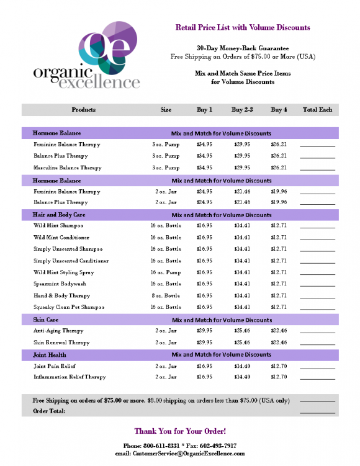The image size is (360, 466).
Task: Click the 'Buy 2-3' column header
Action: (x=242, y=110)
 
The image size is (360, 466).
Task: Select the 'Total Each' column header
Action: (x=317, y=110)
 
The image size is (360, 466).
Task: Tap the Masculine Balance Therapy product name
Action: (x=67, y=168)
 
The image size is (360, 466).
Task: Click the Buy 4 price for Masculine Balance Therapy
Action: (x=279, y=168)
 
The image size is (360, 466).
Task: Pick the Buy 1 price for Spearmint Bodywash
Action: (x=204, y=284)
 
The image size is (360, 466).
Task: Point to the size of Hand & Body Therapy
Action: (x=166, y=295)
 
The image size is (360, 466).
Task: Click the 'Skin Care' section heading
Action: (x=45, y=320)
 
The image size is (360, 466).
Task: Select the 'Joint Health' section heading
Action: (x=49, y=355)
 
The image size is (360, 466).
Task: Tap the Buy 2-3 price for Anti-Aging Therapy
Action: (x=242, y=331)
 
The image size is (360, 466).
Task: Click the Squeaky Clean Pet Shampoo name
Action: (x=68, y=307)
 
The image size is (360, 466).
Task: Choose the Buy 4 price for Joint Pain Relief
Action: (x=279, y=365)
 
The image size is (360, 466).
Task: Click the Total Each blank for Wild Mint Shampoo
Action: (x=317, y=227)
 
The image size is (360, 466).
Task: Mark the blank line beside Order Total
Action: (x=317, y=412)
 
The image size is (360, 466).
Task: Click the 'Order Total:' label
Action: (x=49, y=411)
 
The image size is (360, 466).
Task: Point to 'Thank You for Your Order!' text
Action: (x=180, y=431)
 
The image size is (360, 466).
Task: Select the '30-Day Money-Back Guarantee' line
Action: (x=243, y=48)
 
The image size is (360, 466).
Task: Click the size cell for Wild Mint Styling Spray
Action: (x=166, y=272)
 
